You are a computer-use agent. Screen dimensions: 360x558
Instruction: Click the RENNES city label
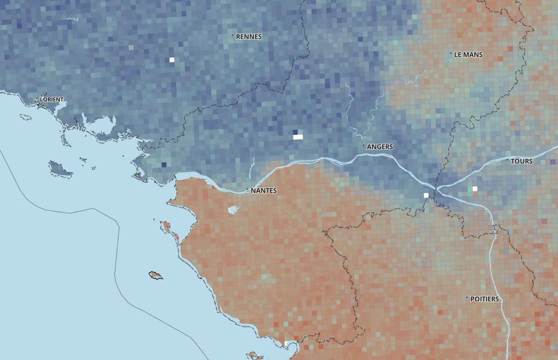point(249,36)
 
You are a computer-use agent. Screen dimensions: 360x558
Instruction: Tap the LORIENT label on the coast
point(51,100)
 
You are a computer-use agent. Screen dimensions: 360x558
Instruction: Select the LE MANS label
point(468,54)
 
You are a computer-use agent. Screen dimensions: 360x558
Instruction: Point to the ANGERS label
point(379,147)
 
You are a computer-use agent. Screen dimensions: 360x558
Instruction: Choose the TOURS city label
point(521,161)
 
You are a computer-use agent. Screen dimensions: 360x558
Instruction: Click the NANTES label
point(263,191)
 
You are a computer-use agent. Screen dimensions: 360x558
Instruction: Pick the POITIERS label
point(484,299)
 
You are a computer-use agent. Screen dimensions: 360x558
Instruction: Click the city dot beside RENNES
point(232,35)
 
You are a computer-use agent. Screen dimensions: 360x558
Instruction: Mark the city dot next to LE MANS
point(451,53)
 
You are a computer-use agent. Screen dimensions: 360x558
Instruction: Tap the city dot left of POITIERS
point(467,298)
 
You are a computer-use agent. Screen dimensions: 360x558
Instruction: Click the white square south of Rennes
point(172,60)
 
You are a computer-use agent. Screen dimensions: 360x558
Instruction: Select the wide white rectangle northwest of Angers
point(298,137)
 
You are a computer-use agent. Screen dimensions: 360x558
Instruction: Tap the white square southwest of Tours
point(475,189)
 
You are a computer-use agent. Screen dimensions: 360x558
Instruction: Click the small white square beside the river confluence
point(425,195)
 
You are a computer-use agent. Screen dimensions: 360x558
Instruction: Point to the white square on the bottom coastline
point(286,343)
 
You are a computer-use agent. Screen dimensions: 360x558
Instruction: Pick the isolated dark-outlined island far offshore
point(155,275)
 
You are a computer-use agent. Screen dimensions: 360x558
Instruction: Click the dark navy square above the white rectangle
point(295,132)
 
